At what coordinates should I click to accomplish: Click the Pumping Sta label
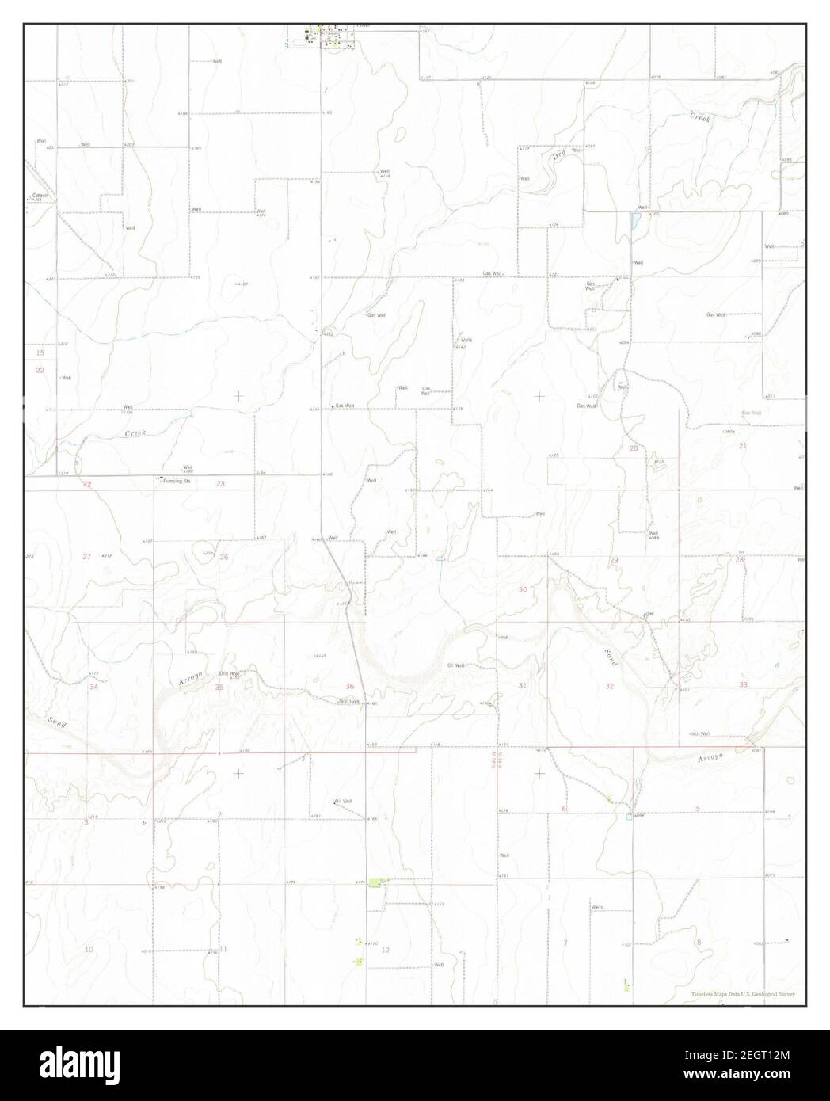(176, 481)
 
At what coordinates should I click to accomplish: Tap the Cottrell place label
(40, 195)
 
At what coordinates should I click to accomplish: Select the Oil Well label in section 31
(456, 665)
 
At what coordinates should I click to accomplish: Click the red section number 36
(349, 686)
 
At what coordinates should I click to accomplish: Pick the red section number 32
(609, 686)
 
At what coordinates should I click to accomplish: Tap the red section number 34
(94, 687)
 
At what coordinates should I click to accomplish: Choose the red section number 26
(224, 558)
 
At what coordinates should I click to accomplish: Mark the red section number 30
(523, 589)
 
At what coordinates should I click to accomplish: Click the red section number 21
(743, 446)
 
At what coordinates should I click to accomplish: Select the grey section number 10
(89, 949)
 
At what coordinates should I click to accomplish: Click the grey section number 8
(698, 942)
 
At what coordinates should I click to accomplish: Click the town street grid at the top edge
(326, 36)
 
